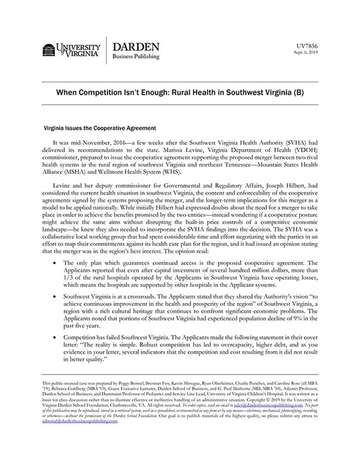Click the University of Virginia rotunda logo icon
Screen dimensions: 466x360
(48, 49)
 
